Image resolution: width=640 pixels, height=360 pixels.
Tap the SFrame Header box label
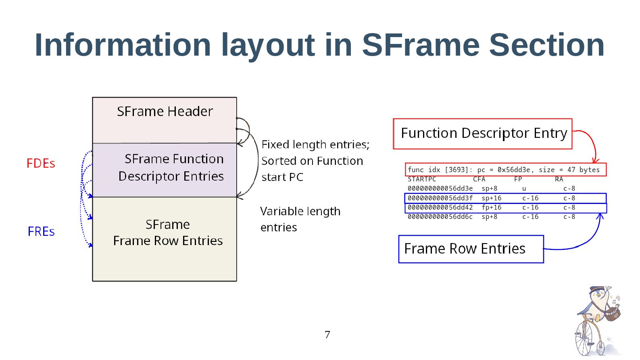(165, 111)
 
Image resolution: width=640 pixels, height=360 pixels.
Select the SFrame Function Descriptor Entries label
(171, 167)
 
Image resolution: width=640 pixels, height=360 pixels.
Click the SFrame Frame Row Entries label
(168, 233)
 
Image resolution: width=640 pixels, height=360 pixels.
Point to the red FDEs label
(41, 163)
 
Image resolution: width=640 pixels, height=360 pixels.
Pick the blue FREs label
(41, 231)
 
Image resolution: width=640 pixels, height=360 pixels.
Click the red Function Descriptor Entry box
(483, 133)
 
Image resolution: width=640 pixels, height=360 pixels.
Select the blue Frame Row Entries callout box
(471, 249)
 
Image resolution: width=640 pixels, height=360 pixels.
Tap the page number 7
(327, 335)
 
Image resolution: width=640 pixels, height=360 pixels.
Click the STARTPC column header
(422, 179)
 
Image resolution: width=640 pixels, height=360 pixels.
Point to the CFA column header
(479, 179)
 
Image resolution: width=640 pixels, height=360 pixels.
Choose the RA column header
(559, 179)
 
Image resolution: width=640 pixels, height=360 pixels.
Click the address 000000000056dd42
(440, 208)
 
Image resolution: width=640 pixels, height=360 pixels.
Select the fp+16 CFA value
(492, 208)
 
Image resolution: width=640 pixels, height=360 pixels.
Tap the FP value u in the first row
(524, 189)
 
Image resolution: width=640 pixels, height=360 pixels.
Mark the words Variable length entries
(300, 219)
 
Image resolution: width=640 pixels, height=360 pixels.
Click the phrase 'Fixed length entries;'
(315, 144)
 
